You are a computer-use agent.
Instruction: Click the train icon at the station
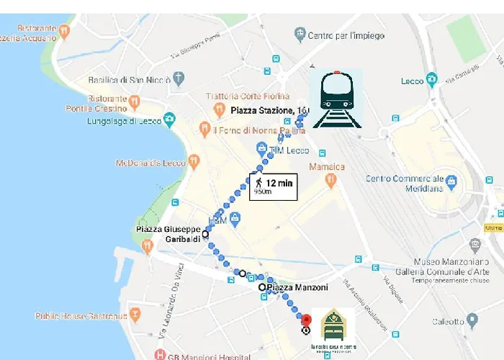coord(337,99)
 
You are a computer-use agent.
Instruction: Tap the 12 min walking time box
coord(273,186)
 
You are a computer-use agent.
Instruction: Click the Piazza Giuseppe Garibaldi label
coord(168,234)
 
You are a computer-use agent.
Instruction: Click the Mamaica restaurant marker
coord(330,181)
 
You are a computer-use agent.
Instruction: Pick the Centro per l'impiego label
coord(346,35)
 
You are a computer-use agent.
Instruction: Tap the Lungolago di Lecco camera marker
coord(169,118)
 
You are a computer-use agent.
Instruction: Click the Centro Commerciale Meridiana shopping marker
coord(451,181)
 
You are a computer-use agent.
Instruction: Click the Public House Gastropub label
coord(81,315)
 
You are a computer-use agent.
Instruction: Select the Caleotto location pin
coord(472,319)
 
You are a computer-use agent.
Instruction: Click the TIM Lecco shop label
coord(289,150)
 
